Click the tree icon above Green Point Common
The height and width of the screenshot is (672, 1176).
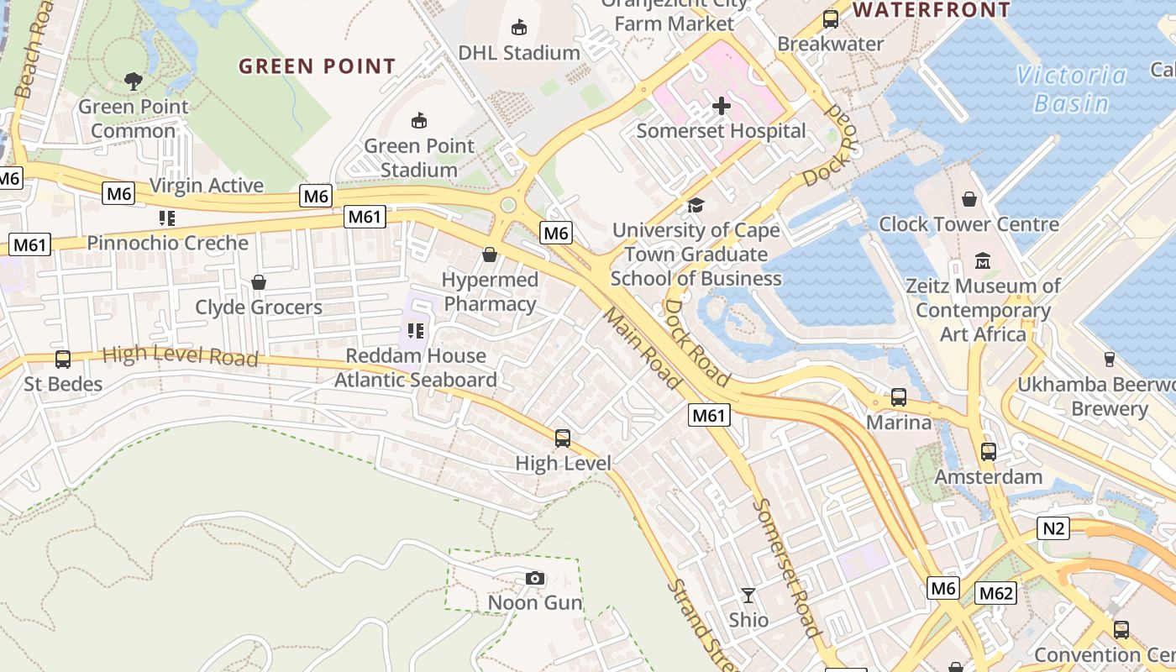point(133,81)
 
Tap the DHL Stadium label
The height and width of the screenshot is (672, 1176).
point(518,52)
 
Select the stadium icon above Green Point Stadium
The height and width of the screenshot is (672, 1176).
point(418,121)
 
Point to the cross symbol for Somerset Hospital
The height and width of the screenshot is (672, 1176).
point(721,106)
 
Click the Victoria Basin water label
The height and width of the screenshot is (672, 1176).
point(1071,89)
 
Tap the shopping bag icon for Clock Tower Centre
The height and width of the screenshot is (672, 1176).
point(969,199)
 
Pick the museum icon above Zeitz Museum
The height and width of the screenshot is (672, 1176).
point(983,260)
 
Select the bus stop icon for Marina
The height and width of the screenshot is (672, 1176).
point(898,397)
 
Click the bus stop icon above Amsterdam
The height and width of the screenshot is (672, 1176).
point(988,452)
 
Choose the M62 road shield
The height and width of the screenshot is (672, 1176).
point(996,594)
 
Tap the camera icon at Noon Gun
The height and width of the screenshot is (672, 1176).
point(534,578)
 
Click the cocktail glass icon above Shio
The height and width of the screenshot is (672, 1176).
point(748,596)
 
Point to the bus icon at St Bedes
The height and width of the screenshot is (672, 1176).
point(63,360)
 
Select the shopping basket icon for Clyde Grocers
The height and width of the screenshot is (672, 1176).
point(259,282)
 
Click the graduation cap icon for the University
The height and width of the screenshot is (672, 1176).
point(696,205)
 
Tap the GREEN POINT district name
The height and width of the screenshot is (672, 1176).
point(317,66)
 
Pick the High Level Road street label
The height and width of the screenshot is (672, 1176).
point(180,355)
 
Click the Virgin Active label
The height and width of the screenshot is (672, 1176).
point(206,186)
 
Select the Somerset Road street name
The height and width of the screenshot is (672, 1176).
point(786,568)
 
